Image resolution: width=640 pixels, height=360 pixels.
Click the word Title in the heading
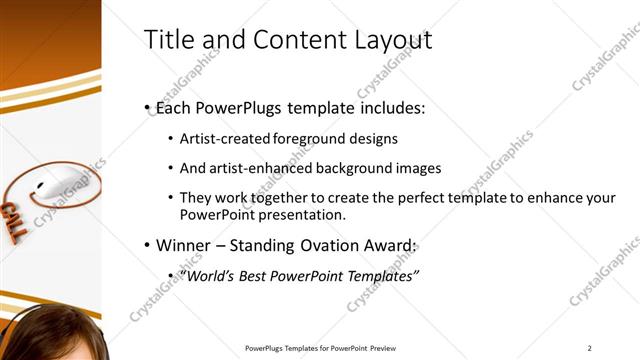(x=169, y=40)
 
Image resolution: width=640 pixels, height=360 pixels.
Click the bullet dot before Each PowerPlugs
(x=147, y=107)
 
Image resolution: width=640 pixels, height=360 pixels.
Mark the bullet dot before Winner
(x=147, y=246)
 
